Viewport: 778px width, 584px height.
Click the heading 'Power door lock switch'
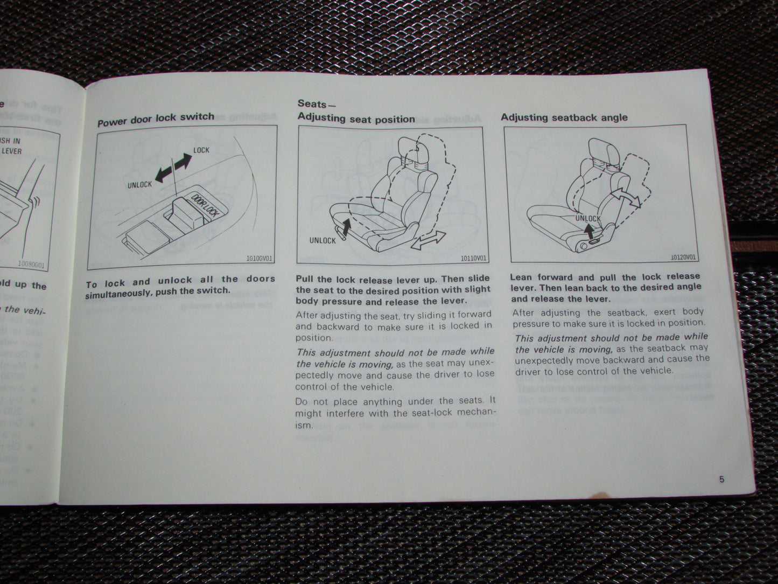pyautogui.click(x=156, y=119)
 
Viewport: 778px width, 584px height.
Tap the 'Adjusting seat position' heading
pyautogui.click(x=356, y=119)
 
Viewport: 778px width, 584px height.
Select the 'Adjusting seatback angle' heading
pyautogui.click(x=564, y=117)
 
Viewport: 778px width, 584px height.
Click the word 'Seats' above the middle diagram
pyautogui.click(x=312, y=103)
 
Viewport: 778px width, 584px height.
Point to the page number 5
pyautogui.click(x=721, y=480)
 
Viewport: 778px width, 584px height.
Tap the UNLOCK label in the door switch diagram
pyautogui.click(x=140, y=184)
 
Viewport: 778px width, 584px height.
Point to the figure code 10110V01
pyautogui.click(x=473, y=259)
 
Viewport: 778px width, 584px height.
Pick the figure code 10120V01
pyautogui.click(x=683, y=258)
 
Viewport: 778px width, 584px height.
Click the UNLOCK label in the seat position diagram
pyautogui.click(x=323, y=240)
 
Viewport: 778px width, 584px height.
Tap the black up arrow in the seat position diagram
pyautogui.click(x=346, y=227)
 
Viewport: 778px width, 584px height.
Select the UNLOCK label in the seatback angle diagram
pyautogui.click(x=588, y=218)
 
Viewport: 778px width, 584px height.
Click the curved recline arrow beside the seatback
pyautogui.click(x=630, y=200)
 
